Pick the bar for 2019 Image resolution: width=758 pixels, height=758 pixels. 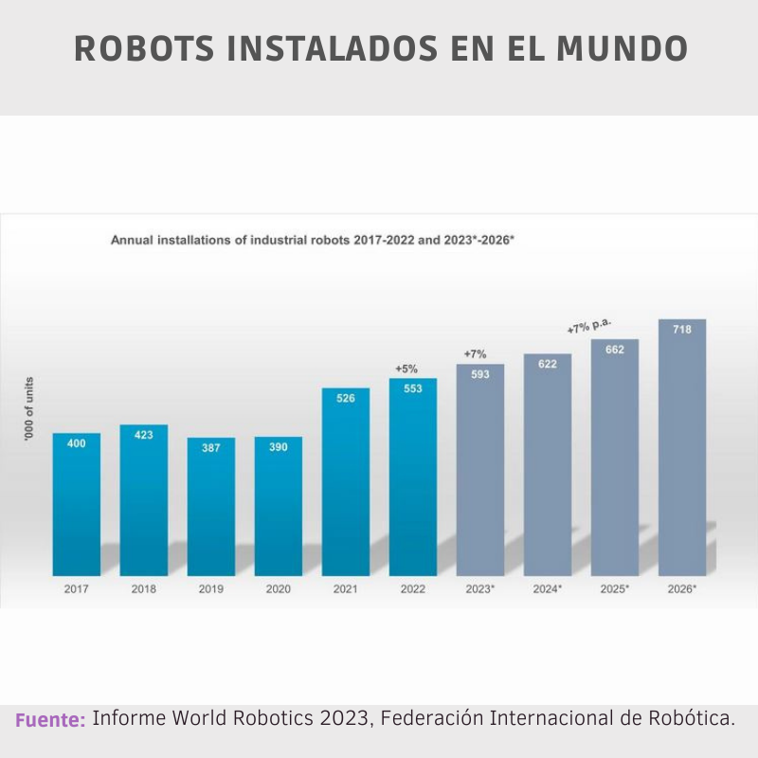[210, 506]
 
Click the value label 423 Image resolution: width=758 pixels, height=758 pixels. [144, 435]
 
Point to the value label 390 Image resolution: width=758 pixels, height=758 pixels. [279, 447]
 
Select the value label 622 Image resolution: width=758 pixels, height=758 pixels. [548, 364]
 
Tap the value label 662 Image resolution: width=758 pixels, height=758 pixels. [615, 350]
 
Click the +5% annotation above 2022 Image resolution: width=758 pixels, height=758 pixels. [406, 369]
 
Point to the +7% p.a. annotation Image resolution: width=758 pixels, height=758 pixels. [589, 327]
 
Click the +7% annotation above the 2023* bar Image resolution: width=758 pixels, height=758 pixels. [475, 354]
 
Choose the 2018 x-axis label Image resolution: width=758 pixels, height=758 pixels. [144, 589]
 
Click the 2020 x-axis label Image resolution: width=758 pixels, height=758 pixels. [279, 589]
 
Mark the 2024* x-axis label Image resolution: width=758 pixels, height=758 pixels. [548, 589]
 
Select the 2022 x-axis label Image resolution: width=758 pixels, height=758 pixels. [413, 589]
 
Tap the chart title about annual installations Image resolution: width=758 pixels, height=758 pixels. [313, 241]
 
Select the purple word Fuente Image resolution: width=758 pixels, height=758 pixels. [50, 720]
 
